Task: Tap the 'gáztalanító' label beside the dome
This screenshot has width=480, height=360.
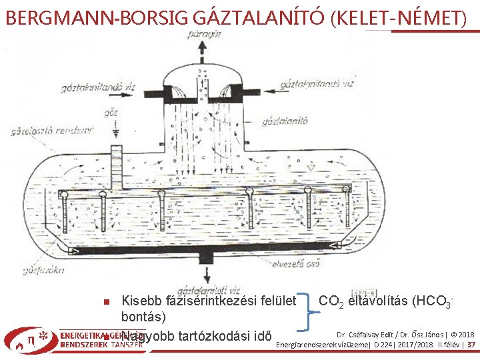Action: point(281,121)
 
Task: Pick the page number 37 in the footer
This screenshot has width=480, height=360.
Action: point(471,345)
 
